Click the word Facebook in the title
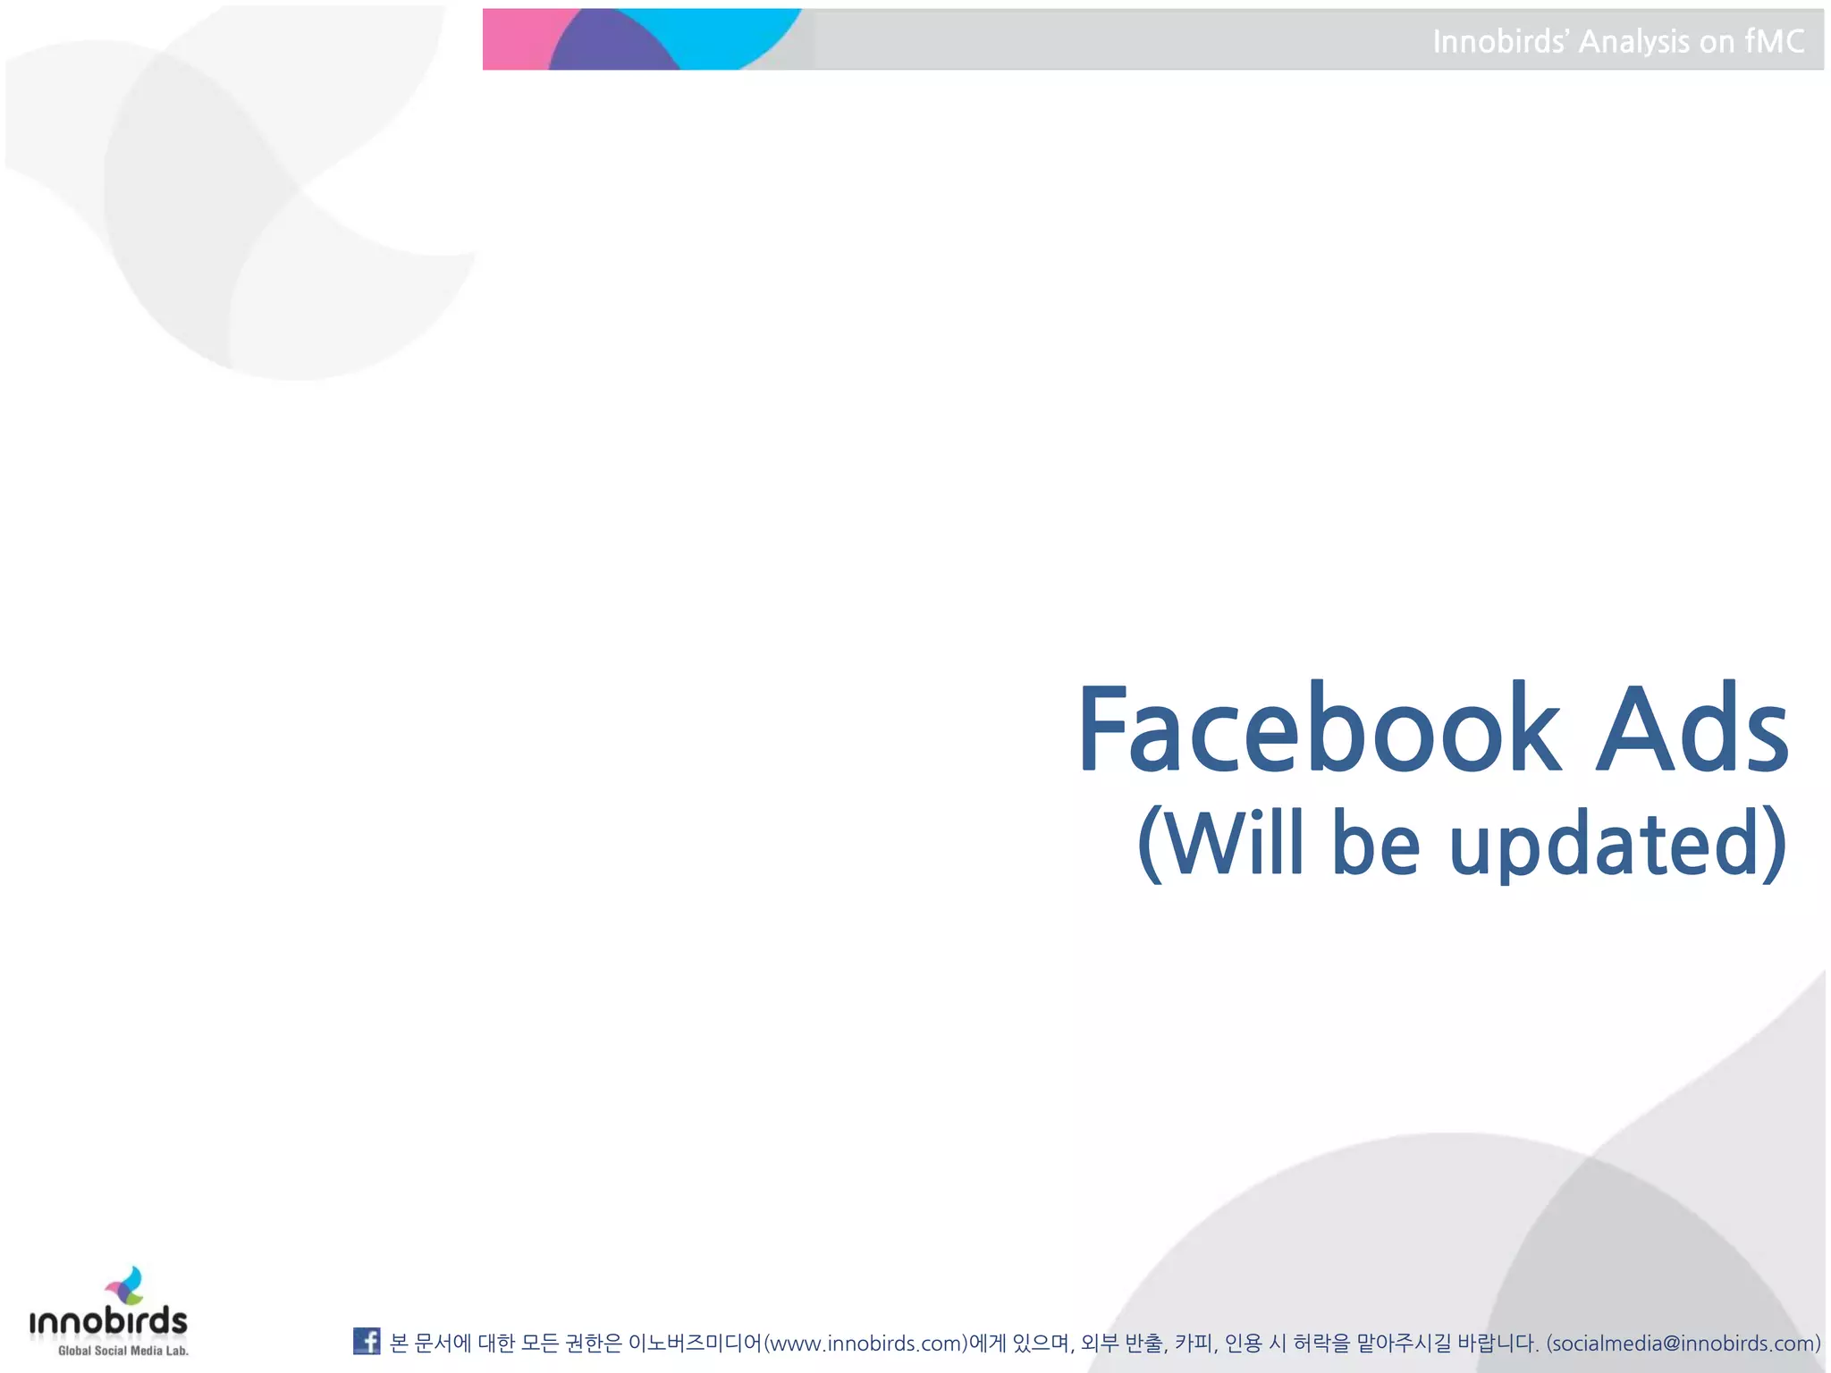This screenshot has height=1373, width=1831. point(1320,729)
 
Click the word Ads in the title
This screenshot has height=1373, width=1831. point(1692,729)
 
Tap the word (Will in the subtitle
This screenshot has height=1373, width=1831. point(1220,843)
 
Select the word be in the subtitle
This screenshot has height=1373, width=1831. point(1376,843)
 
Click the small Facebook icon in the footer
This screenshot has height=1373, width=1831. point(367,1341)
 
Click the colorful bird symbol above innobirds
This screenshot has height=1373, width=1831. point(126,1285)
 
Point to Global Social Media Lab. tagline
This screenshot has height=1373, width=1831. point(123,1351)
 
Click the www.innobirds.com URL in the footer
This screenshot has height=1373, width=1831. point(865,1343)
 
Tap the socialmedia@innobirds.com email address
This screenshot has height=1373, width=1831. point(1683,1343)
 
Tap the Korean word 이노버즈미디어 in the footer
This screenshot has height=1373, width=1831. point(696,1343)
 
